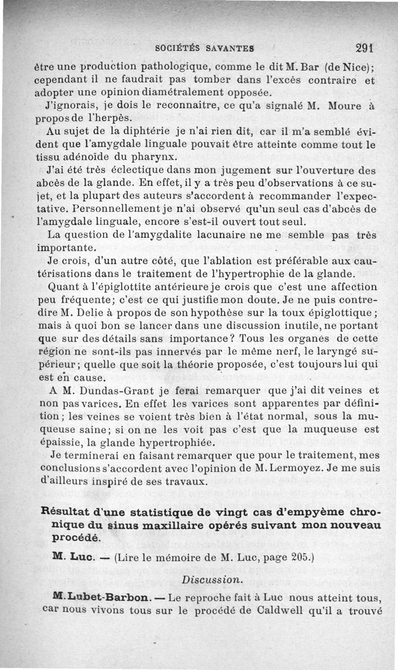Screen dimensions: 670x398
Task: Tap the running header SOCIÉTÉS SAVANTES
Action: [x=205, y=49]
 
